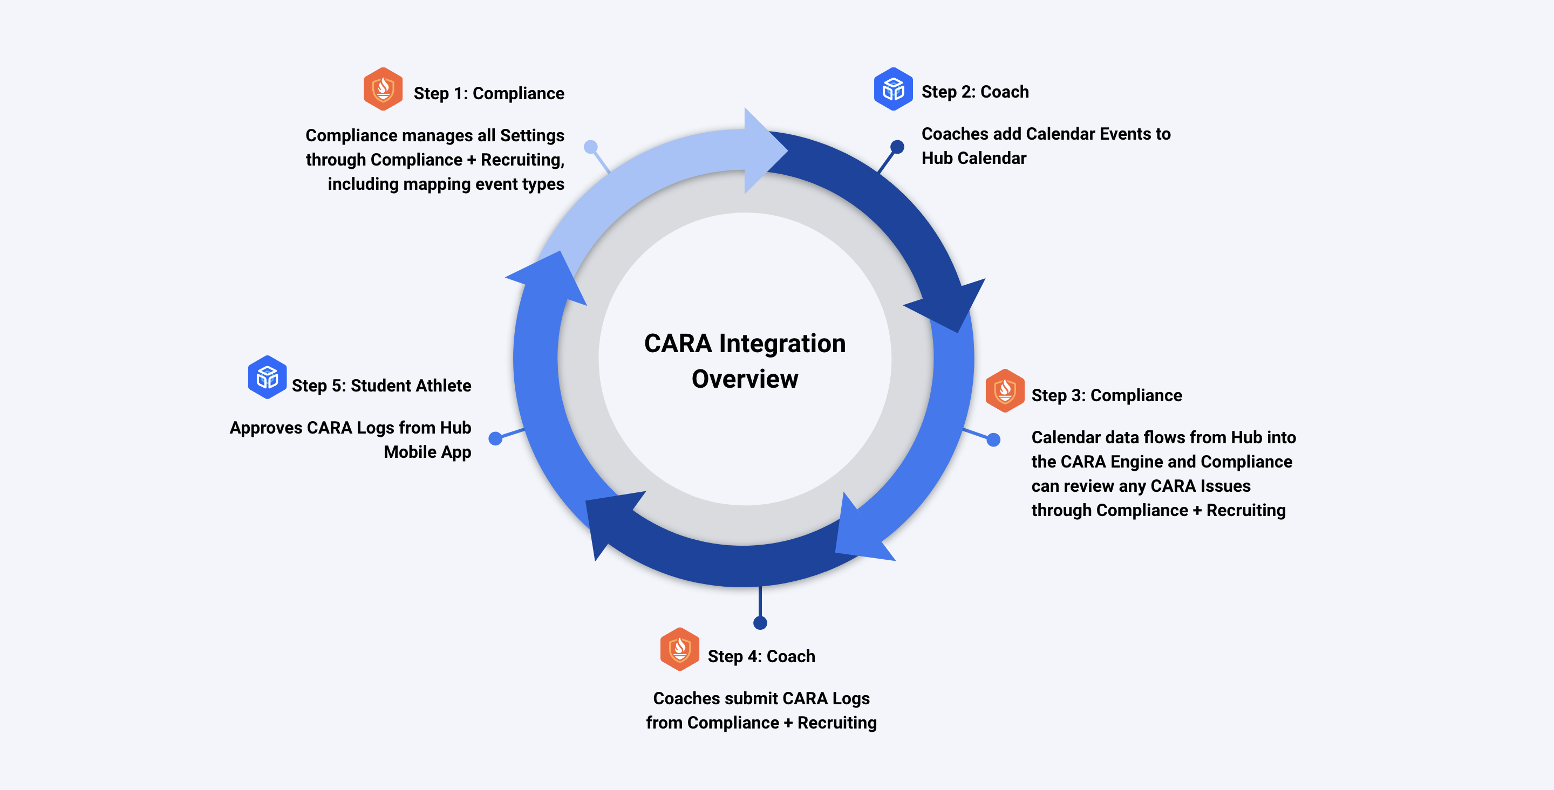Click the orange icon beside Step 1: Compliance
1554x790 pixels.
pyautogui.click(x=383, y=90)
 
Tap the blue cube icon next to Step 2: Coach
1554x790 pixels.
pyautogui.click(x=893, y=90)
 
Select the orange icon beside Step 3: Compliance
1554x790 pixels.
pyautogui.click(x=1004, y=391)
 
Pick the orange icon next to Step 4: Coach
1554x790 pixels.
pyautogui.click(x=679, y=649)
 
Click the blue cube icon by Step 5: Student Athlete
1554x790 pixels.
pyautogui.click(x=267, y=377)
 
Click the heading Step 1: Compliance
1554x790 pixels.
pyautogui.click(x=489, y=93)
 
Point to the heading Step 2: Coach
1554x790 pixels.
pyautogui.click(x=975, y=92)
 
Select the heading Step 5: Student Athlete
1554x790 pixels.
pyautogui.click(x=381, y=386)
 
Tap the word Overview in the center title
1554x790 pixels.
pyautogui.click(x=745, y=379)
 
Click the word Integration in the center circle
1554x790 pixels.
pyautogui.click(x=782, y=343)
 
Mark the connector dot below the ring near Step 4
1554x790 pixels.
pyautogui.click(x=760, y=622)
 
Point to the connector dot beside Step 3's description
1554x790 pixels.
pyautogui.click(x=993, y=439)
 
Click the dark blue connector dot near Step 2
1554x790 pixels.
pyautogui.click(x=897, y=147)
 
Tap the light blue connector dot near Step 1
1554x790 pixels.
pyautogui.click(x=591, y=147)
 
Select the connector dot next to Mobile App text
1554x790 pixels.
pyautogui.click(x=495, y=438)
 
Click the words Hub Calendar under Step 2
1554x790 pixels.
pyautogui.click(x=973, y=158)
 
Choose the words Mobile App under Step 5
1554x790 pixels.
pyautogui.click(x=427, y=452)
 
